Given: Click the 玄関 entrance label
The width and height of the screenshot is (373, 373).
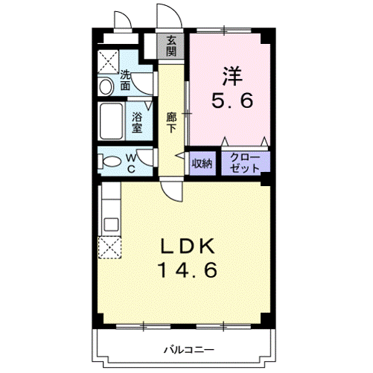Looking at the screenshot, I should point(171,45).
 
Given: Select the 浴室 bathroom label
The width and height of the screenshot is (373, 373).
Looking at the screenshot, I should point(137,121).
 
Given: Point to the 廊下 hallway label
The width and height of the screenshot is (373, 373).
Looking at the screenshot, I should point(171,122).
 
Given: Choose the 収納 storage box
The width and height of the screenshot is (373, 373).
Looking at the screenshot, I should point(202,162).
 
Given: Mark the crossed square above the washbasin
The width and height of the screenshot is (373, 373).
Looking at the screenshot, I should point(109,60).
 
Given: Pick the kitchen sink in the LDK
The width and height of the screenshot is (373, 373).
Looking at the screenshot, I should point(109,223).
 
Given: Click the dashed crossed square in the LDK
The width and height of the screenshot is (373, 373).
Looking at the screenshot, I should point(109,247).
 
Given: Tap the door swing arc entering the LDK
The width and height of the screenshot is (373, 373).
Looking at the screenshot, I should point(173,192).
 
